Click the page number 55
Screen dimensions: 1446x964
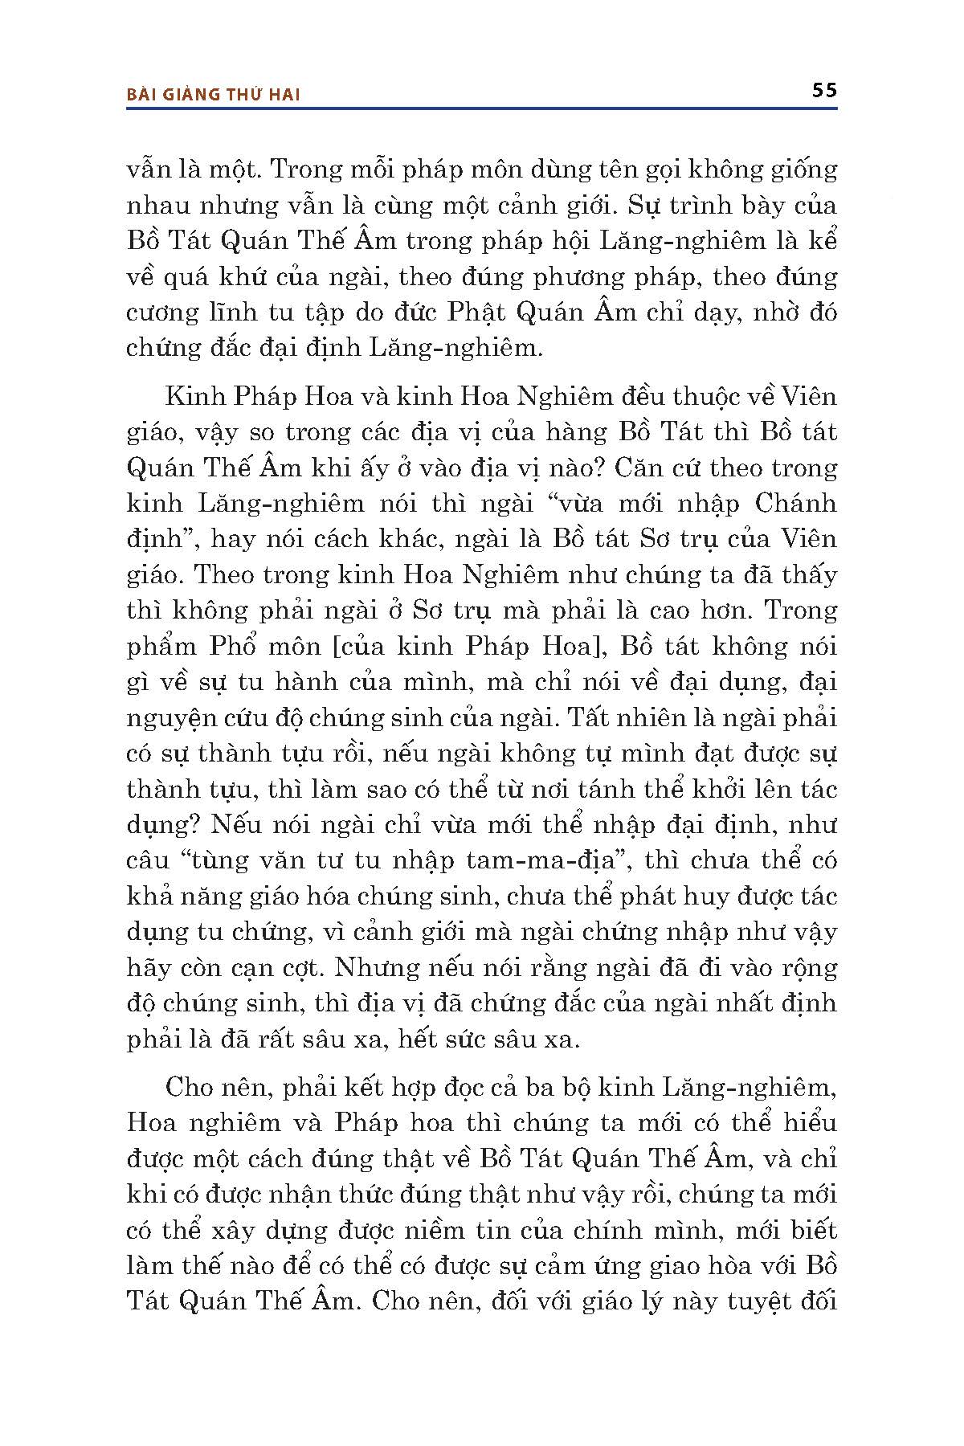pos(824,90)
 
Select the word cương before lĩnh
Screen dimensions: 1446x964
pos(154,312)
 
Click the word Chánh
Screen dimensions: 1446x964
pos(795,504)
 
